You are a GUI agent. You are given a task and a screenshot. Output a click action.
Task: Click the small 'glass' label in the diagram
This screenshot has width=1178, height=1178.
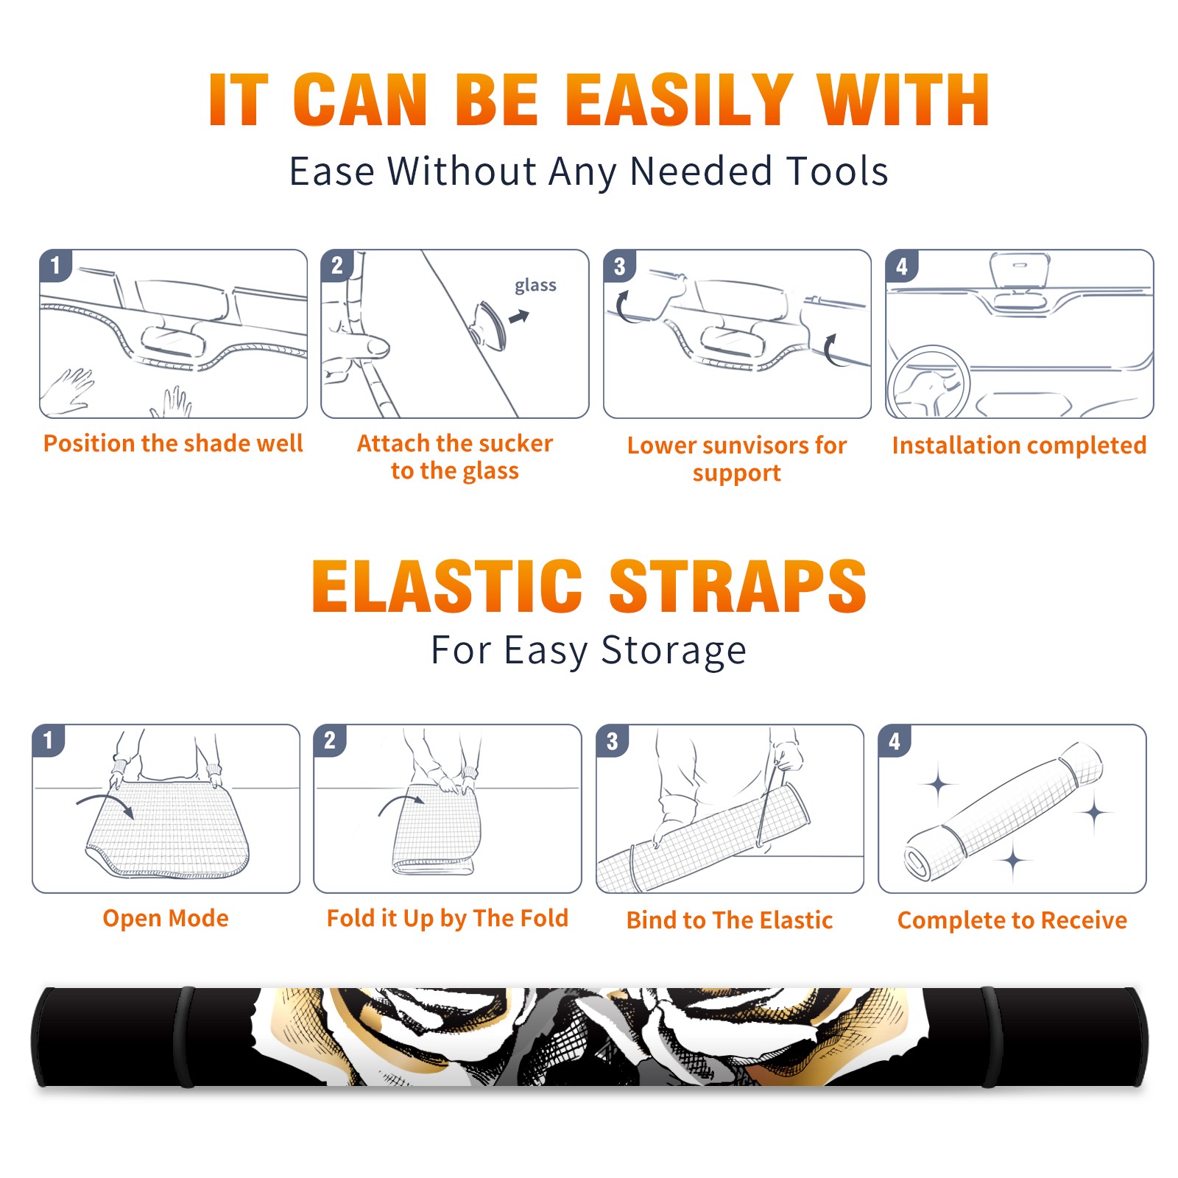click(x=535, y=285)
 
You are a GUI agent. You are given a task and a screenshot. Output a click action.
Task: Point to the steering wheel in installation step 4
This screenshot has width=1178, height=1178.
click(x=928, y=381)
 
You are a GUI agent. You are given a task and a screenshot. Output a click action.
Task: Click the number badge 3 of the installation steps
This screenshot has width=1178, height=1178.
click(x=619, y=267)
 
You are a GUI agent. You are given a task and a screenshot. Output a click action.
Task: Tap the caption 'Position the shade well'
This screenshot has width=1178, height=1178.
click(x=173, y=443)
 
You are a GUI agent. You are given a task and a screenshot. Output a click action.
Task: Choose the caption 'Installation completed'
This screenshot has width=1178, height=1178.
click(x=1019, y=445)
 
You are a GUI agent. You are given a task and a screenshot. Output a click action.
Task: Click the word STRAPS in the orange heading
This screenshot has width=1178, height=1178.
click(x=738, y=586)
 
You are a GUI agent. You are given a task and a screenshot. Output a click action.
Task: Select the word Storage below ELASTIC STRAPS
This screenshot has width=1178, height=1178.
click(x=674, y=651)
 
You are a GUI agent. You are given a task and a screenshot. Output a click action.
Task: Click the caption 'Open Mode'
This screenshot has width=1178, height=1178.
click(x=166, y=918)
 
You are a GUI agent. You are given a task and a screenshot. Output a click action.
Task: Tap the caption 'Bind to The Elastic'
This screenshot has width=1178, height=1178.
click(x=730, y=920)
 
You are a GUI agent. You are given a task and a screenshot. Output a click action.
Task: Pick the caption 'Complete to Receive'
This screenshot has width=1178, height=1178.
click(x=1012, y=920)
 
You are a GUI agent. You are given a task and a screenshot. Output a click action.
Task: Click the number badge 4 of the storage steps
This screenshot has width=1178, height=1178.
click(x=895, y=741)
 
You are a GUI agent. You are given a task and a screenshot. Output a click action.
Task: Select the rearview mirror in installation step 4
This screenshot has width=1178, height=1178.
click(x=1020, y=271)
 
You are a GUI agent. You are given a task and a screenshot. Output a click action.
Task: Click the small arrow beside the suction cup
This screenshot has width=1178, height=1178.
click(x=520, y=317)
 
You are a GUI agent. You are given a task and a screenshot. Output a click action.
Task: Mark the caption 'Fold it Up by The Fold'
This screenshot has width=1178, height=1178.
click(x=448, y=918)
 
